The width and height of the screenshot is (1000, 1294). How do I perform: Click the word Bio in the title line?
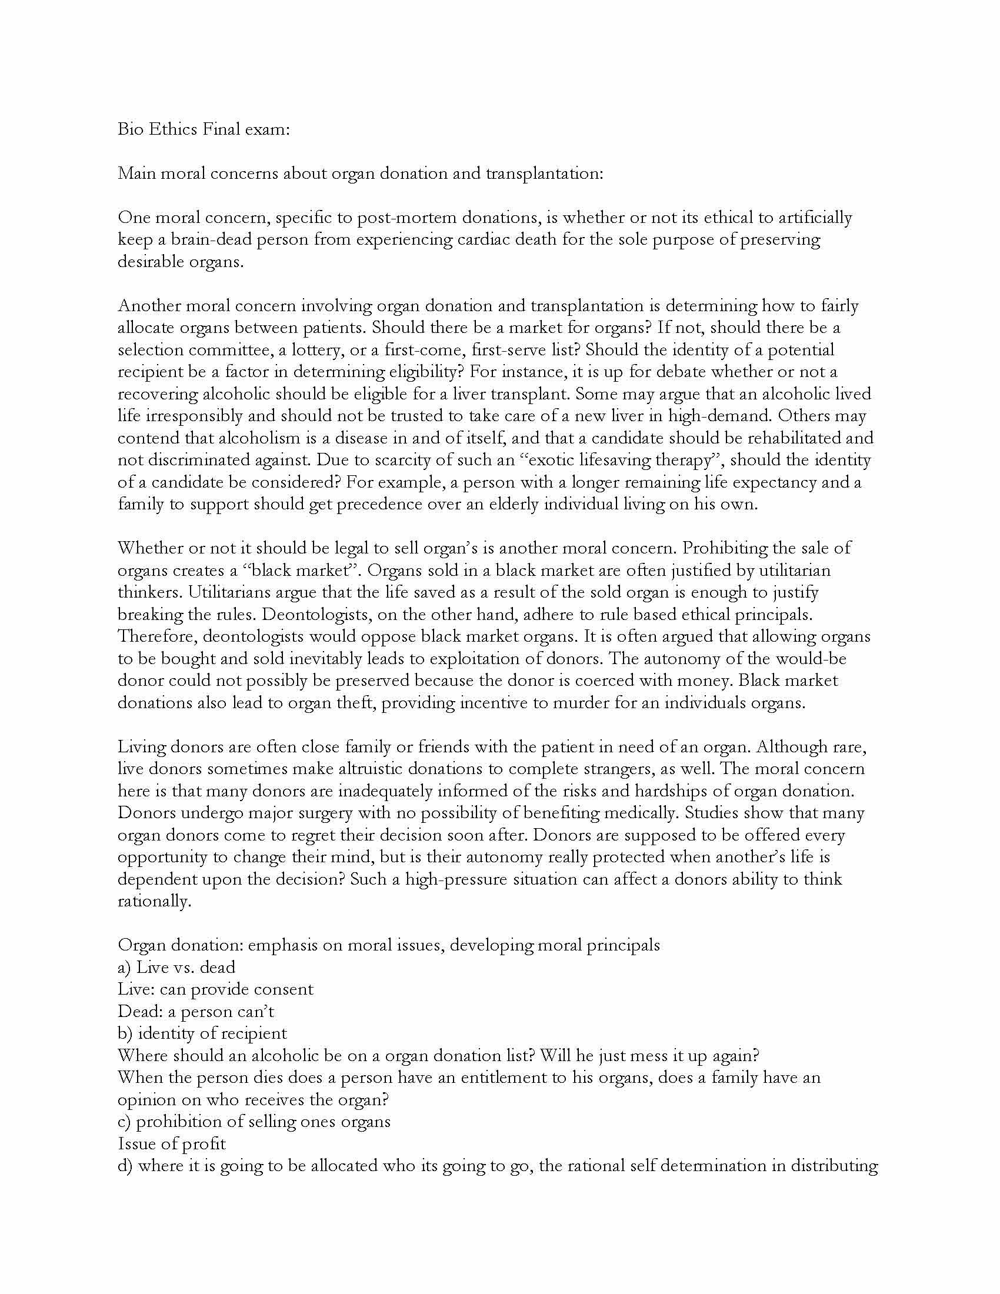click(130, 129)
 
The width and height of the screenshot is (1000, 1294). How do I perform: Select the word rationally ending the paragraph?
click(154, 901)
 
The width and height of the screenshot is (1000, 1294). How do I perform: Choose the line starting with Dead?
click(195, 1012)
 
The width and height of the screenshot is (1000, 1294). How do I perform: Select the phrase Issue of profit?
click(172, 1144)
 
